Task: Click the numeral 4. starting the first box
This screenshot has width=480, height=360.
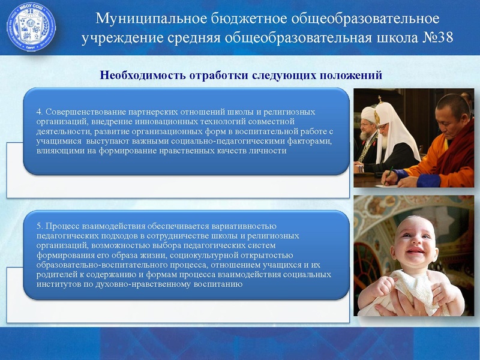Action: pos(40,112)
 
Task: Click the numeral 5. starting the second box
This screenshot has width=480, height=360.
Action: pos(40,226)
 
